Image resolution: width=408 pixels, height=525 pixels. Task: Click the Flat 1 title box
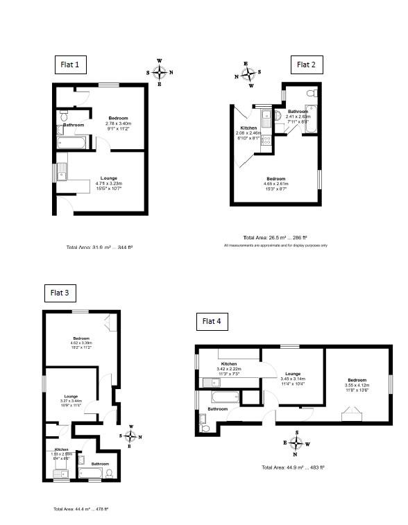click(x=72, y=66)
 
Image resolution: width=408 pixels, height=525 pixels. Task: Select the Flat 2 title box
click(x=306, y=65)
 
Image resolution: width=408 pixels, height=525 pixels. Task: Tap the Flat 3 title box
click(x=60, y=293)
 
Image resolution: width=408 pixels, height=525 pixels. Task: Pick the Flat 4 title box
click(x=212, y=321)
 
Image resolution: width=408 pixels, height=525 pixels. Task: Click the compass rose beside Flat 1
click(x=160, y=72)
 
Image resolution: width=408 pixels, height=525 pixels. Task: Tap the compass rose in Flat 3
click(x=130, y=436)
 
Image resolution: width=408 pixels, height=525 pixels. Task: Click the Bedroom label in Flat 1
click(x=119, y=118)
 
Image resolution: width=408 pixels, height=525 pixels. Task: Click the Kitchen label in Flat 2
click(x=248, y=128)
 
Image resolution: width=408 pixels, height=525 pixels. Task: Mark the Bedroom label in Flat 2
click(x=276, y=180)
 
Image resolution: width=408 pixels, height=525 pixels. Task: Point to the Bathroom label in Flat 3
click(x=100, y=463)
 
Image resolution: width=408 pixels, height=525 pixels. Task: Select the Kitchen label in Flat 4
click(x=230, y=364)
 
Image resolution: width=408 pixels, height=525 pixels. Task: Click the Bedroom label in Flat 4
click(x=357, y=380)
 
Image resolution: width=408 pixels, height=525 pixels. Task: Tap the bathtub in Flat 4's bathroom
click(x=224, y=399)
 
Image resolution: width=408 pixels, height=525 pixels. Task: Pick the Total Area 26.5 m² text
click(x=276, y=236)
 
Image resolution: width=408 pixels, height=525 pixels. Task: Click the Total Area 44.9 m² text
click(x=293, y=467)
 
